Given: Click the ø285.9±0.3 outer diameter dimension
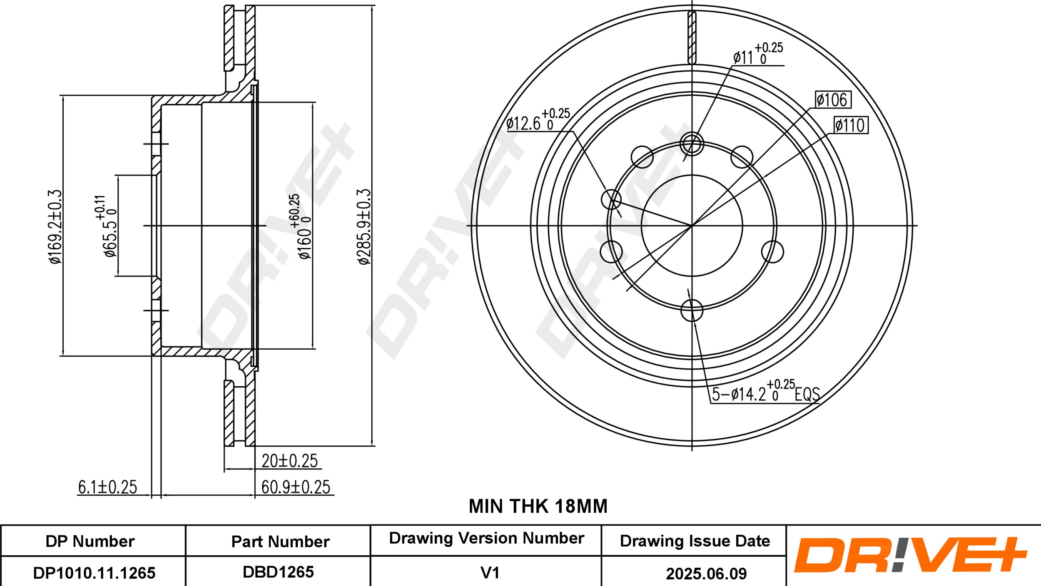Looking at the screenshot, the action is (x=364, y=226).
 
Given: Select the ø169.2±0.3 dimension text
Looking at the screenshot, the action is (x=55, y=226).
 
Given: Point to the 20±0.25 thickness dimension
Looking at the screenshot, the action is (x=290, y=461).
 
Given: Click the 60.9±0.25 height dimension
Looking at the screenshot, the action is (x=296, y=487).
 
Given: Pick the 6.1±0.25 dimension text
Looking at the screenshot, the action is (x=107, y=487).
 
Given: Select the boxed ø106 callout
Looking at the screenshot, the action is (x=832, y=100).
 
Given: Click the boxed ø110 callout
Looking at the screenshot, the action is (x=851, y=125).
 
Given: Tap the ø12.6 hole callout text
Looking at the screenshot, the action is (x=538, y=119).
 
